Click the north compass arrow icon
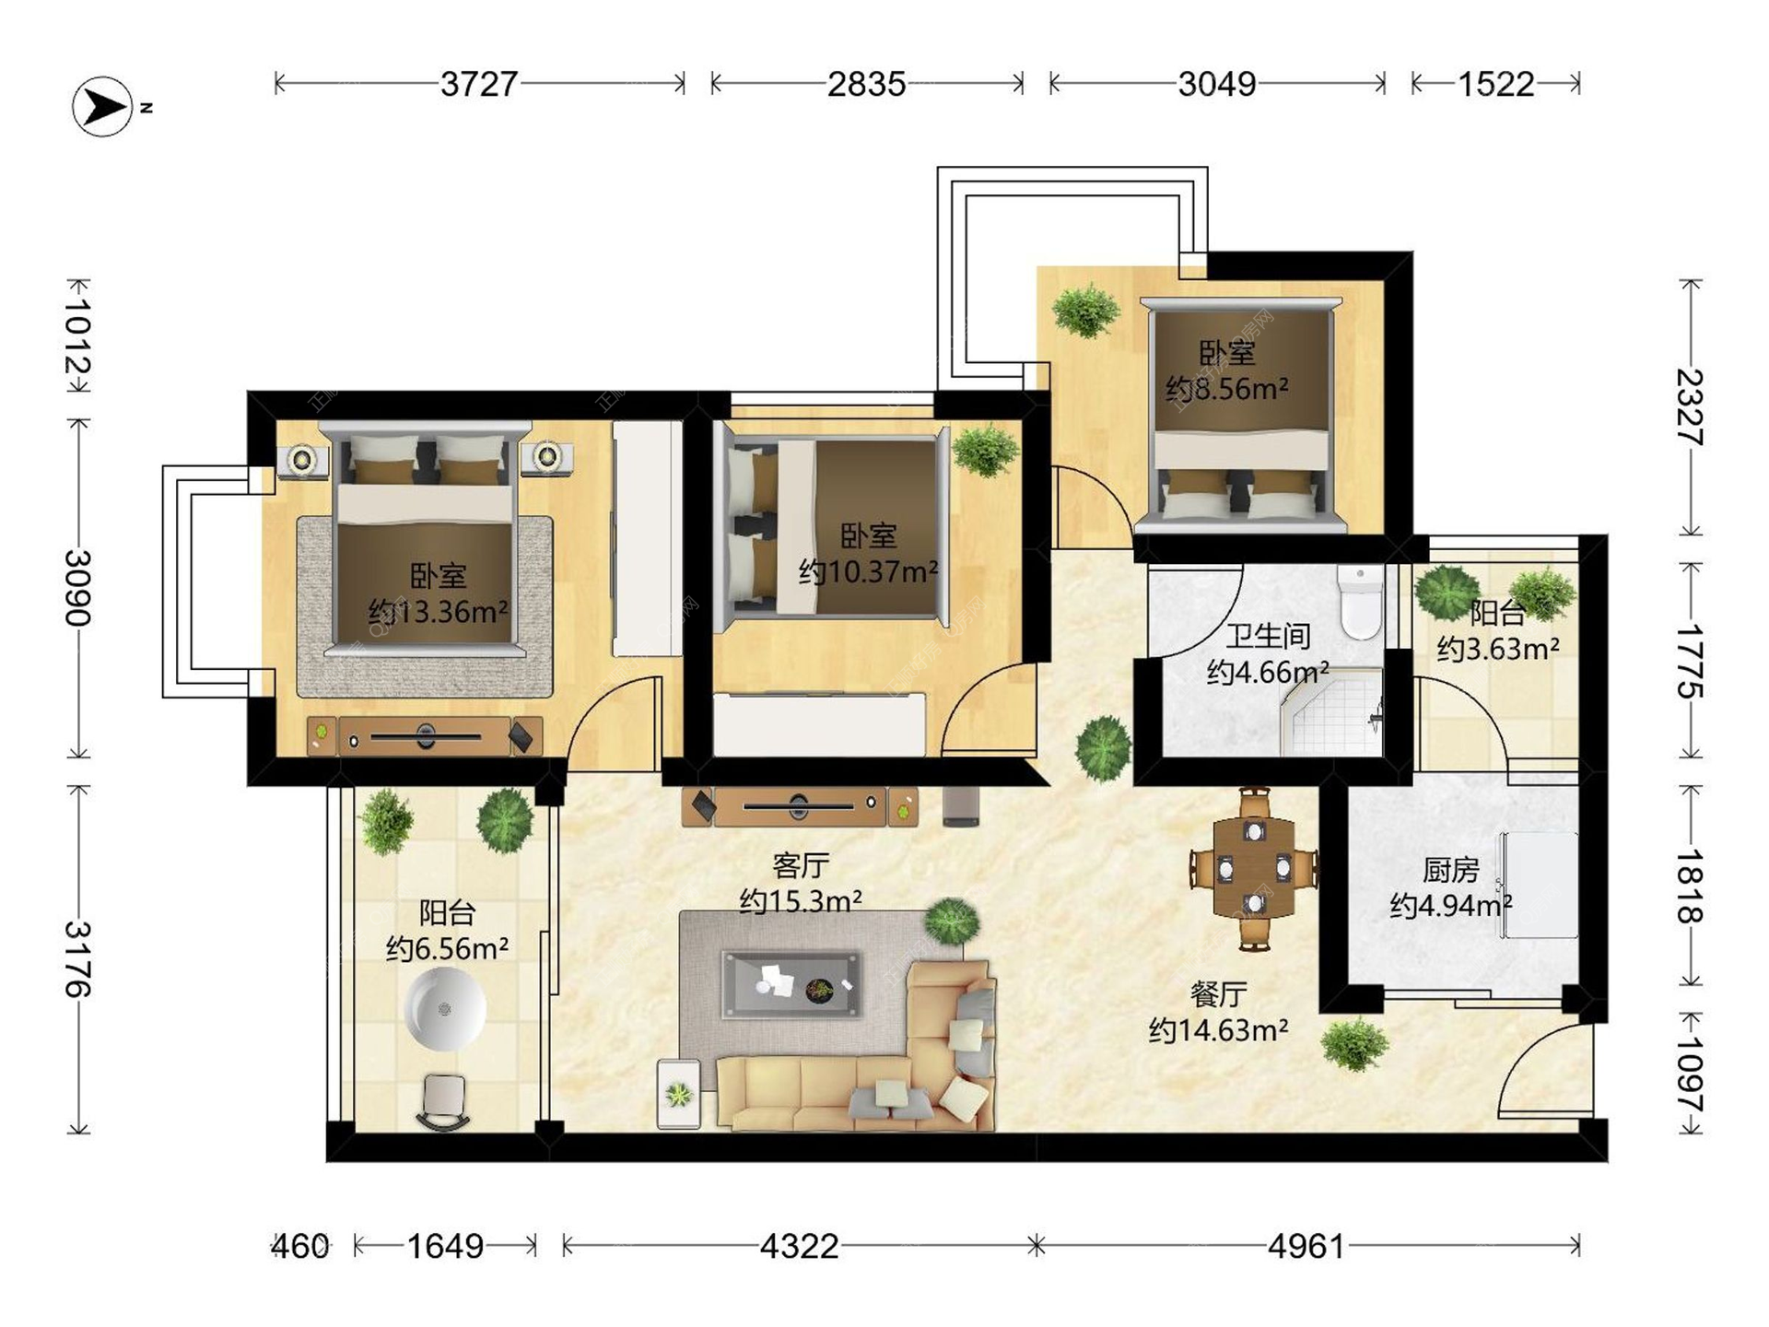point(102,107)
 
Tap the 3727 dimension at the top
point(479,84)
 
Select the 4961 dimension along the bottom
point(1306,1247)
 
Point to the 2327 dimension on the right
point(1690,407)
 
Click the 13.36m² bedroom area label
point(439,611)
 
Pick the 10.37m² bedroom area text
point(869,571)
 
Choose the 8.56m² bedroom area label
point(1227,389)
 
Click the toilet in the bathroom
point(1361,603)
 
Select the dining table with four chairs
point(1254,868)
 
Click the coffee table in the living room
point(792,984)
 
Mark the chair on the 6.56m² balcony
point(444,1102)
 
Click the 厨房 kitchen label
point(1451,869)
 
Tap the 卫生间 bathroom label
point(1268,636)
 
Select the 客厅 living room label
point(801,865)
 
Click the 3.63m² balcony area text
point(1498,649)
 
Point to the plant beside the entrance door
point(1353,1045)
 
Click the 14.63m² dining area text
point(1218,1029)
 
